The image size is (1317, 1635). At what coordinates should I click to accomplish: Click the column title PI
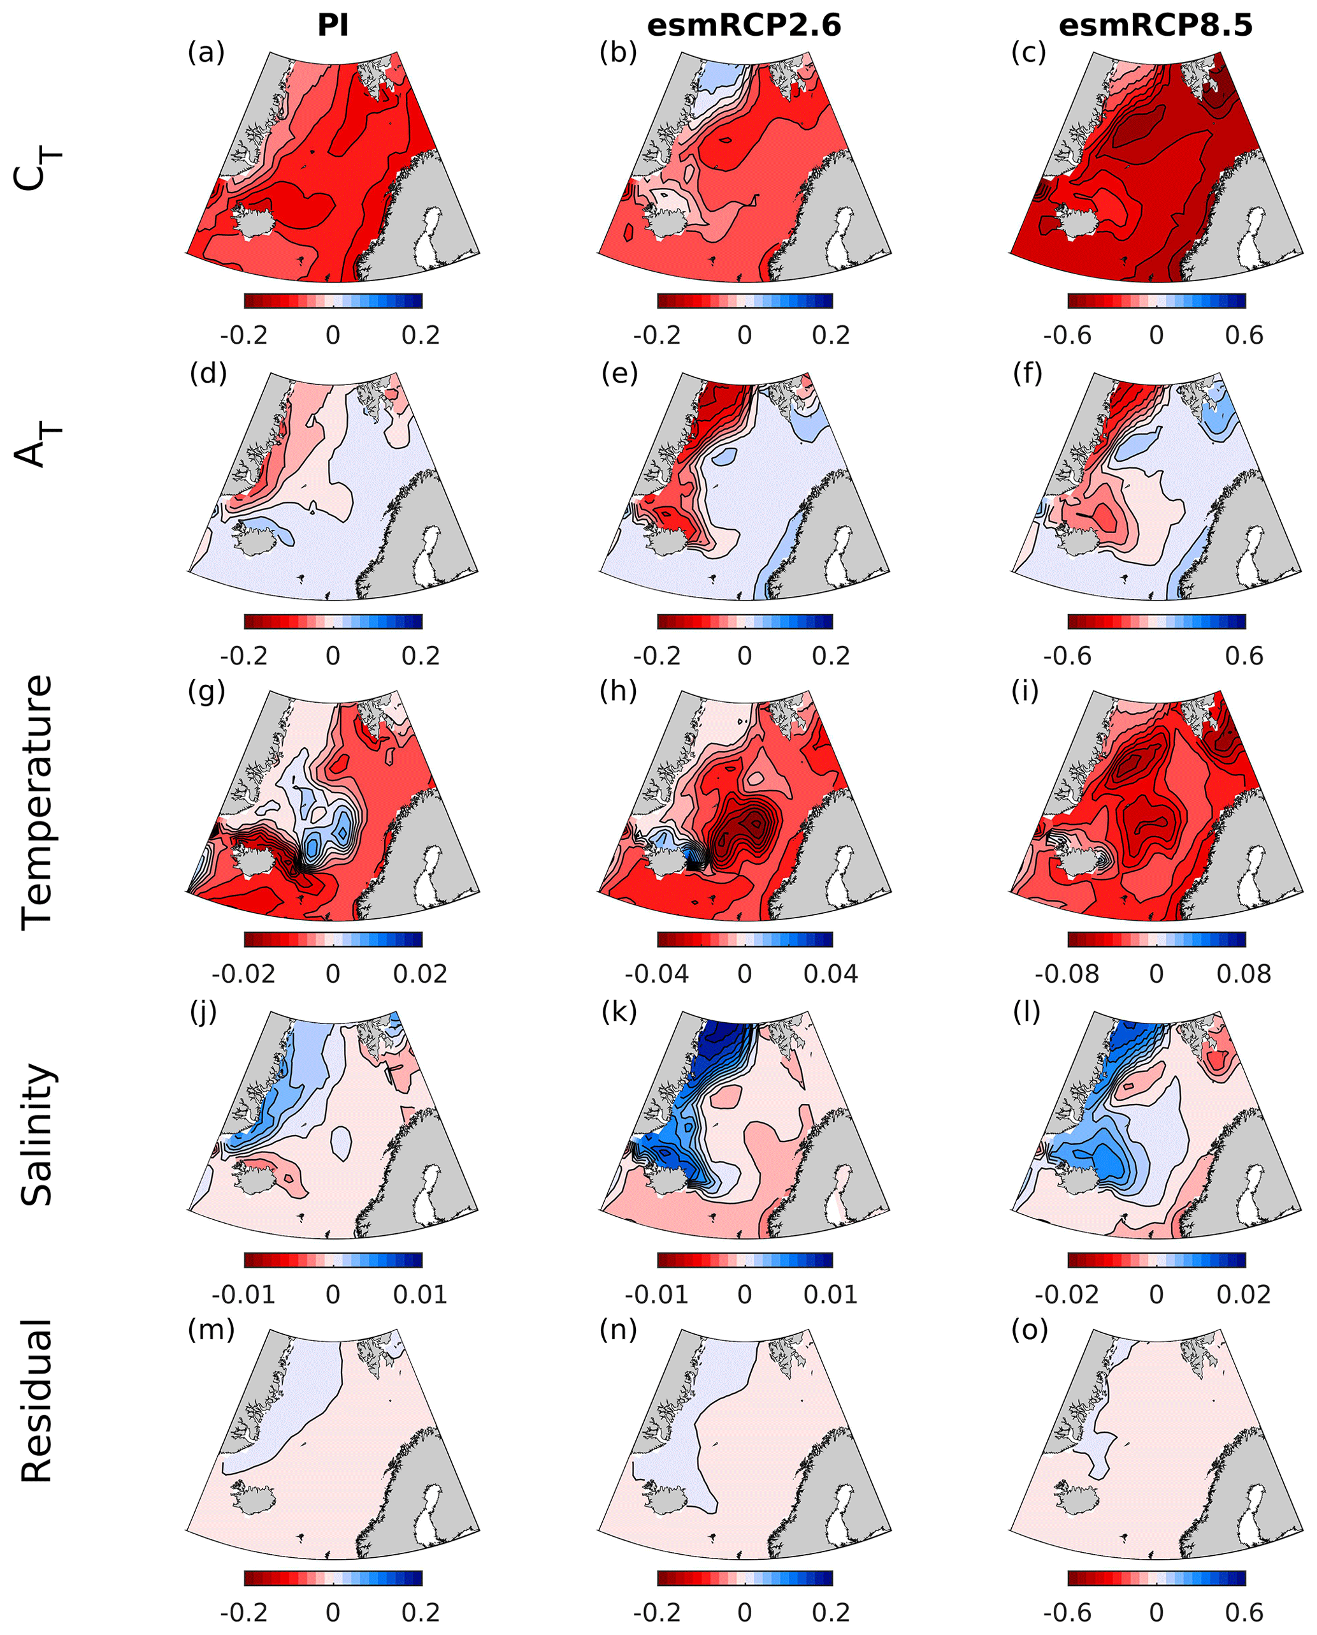pos(333,26)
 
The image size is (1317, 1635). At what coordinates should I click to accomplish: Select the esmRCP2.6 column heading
pos(744,26)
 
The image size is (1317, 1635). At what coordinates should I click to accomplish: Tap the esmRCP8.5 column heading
pos(1155,26)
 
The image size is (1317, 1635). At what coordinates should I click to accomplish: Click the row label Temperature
pos(37,802)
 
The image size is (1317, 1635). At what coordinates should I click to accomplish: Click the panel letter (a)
pos(206,52)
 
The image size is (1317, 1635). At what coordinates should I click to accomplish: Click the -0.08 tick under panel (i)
pos(1067,974)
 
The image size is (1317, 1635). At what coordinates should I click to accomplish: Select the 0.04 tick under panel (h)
pos(831,974)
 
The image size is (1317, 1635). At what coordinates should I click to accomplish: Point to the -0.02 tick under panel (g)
pos(243,974)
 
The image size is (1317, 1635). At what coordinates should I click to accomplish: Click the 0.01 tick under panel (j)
pos(421,1294)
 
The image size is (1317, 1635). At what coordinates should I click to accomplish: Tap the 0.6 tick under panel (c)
pos(1244,335)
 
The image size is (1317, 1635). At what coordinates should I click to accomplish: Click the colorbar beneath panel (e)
pos(744,622)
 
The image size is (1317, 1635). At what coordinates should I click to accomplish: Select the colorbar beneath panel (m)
pos(333,1578)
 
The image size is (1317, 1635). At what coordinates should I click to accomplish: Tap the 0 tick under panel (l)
pos(1155,1294)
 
